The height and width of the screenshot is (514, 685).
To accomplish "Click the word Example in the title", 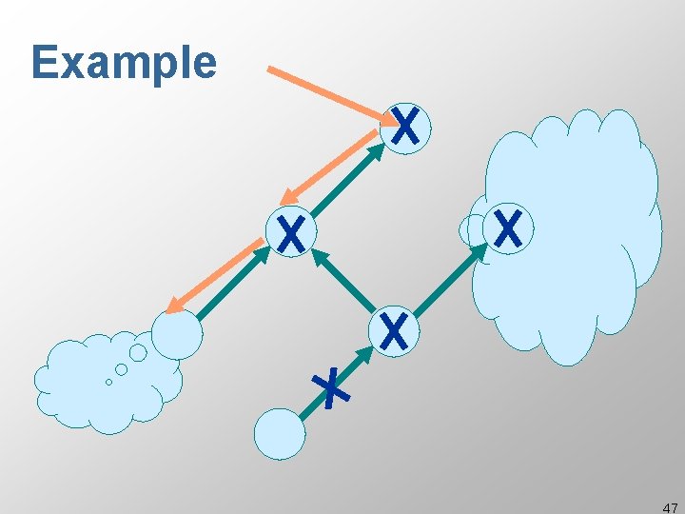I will pyautogui.click(x=124, y=63).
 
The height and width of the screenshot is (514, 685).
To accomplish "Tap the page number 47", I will pyautogui.click(x=670, y=507).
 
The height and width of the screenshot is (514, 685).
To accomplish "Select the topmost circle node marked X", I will pyautogui.click(x=405, y=127).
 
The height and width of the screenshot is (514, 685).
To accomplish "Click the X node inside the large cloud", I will pyautogui.click(x=508, y=229).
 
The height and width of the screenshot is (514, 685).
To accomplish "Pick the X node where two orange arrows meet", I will pyautogui.click(x=290, y=232).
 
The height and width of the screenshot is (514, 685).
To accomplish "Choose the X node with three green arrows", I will pyautogui.click(x=393, y=330).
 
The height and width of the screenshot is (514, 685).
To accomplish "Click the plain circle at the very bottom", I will pyautogui.click(x=280, y=434).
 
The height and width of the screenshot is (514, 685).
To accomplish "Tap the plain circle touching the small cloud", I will pyautogui.click(x=177, y=334).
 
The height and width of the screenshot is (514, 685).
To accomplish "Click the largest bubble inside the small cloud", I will pyautogui.click(x=138, y=353).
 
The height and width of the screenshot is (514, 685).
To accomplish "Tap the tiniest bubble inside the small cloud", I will pyautogui.click(x=108, y=382).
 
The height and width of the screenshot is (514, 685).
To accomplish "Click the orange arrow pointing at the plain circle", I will pyautogui.click(x=214, y=277).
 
